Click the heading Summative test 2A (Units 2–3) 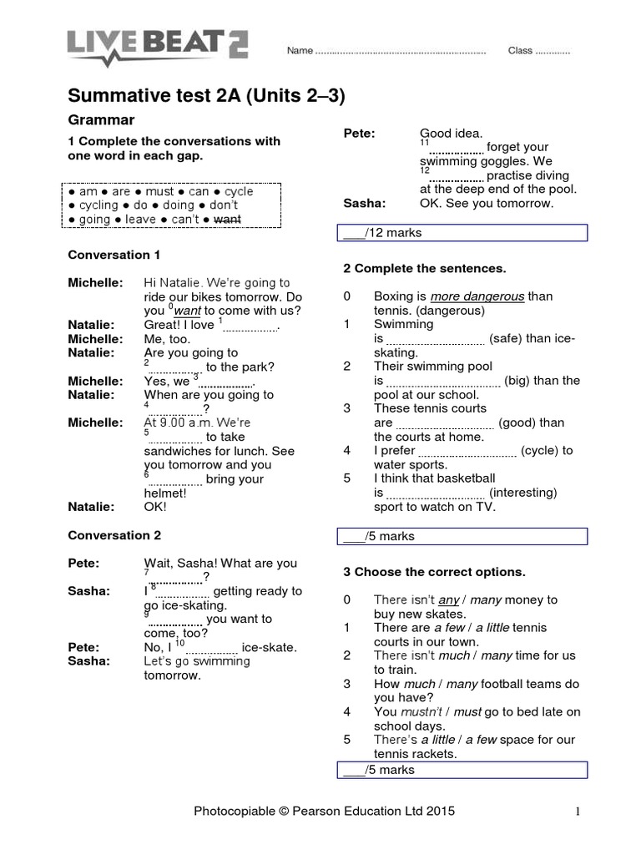point(206,96)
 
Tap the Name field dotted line point(401,51)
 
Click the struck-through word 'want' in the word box point(228,220)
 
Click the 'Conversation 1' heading point(114,255)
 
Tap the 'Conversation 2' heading point(114,535)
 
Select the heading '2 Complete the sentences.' point(425,269)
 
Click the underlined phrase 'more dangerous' point(477,296)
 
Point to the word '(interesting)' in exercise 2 point(522,493)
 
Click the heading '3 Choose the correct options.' point(434,572)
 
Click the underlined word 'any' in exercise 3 point(449,600)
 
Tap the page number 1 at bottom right point(577,811)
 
